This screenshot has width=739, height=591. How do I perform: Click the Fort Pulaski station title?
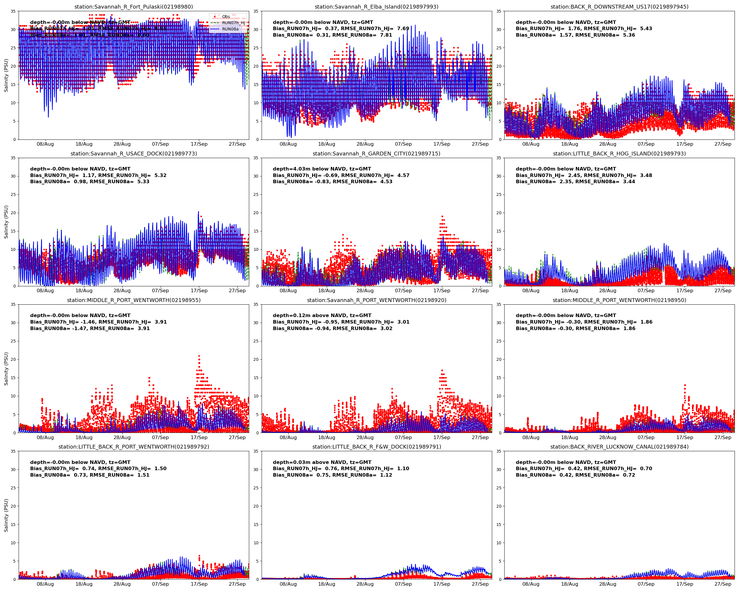click(x=134, y=7)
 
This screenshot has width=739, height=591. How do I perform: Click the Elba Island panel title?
click(x=376, y=7)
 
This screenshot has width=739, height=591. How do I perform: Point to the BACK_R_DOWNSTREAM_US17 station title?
click(x=619, y=7)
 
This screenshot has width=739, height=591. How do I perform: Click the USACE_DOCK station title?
click(x=134, y=153)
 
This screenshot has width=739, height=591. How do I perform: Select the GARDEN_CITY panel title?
click(x=376, y=153)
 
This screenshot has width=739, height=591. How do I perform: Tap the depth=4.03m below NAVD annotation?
click(x=322, y=169)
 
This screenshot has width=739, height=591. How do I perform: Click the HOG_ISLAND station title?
click(x=619, y=153)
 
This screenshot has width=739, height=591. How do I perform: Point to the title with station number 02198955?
click(x=134, y=300)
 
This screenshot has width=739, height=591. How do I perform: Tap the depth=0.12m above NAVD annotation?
click(x=322, y=316)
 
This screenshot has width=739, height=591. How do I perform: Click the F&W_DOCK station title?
click(x=376, y=447)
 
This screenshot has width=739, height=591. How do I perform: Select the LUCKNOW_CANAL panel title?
click(x=619, y=447)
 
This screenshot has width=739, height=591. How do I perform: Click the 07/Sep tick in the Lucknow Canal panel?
click(x=646, y=584)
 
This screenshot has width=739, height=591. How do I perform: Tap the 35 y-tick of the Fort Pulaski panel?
click(x=13, y=11)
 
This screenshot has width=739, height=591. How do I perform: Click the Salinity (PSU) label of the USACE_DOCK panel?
click(x=6, y=222)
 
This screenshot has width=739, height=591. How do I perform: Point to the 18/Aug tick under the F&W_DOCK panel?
click(x=326, y=584)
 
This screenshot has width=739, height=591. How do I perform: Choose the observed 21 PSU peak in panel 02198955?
click(x=199, y=356)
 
